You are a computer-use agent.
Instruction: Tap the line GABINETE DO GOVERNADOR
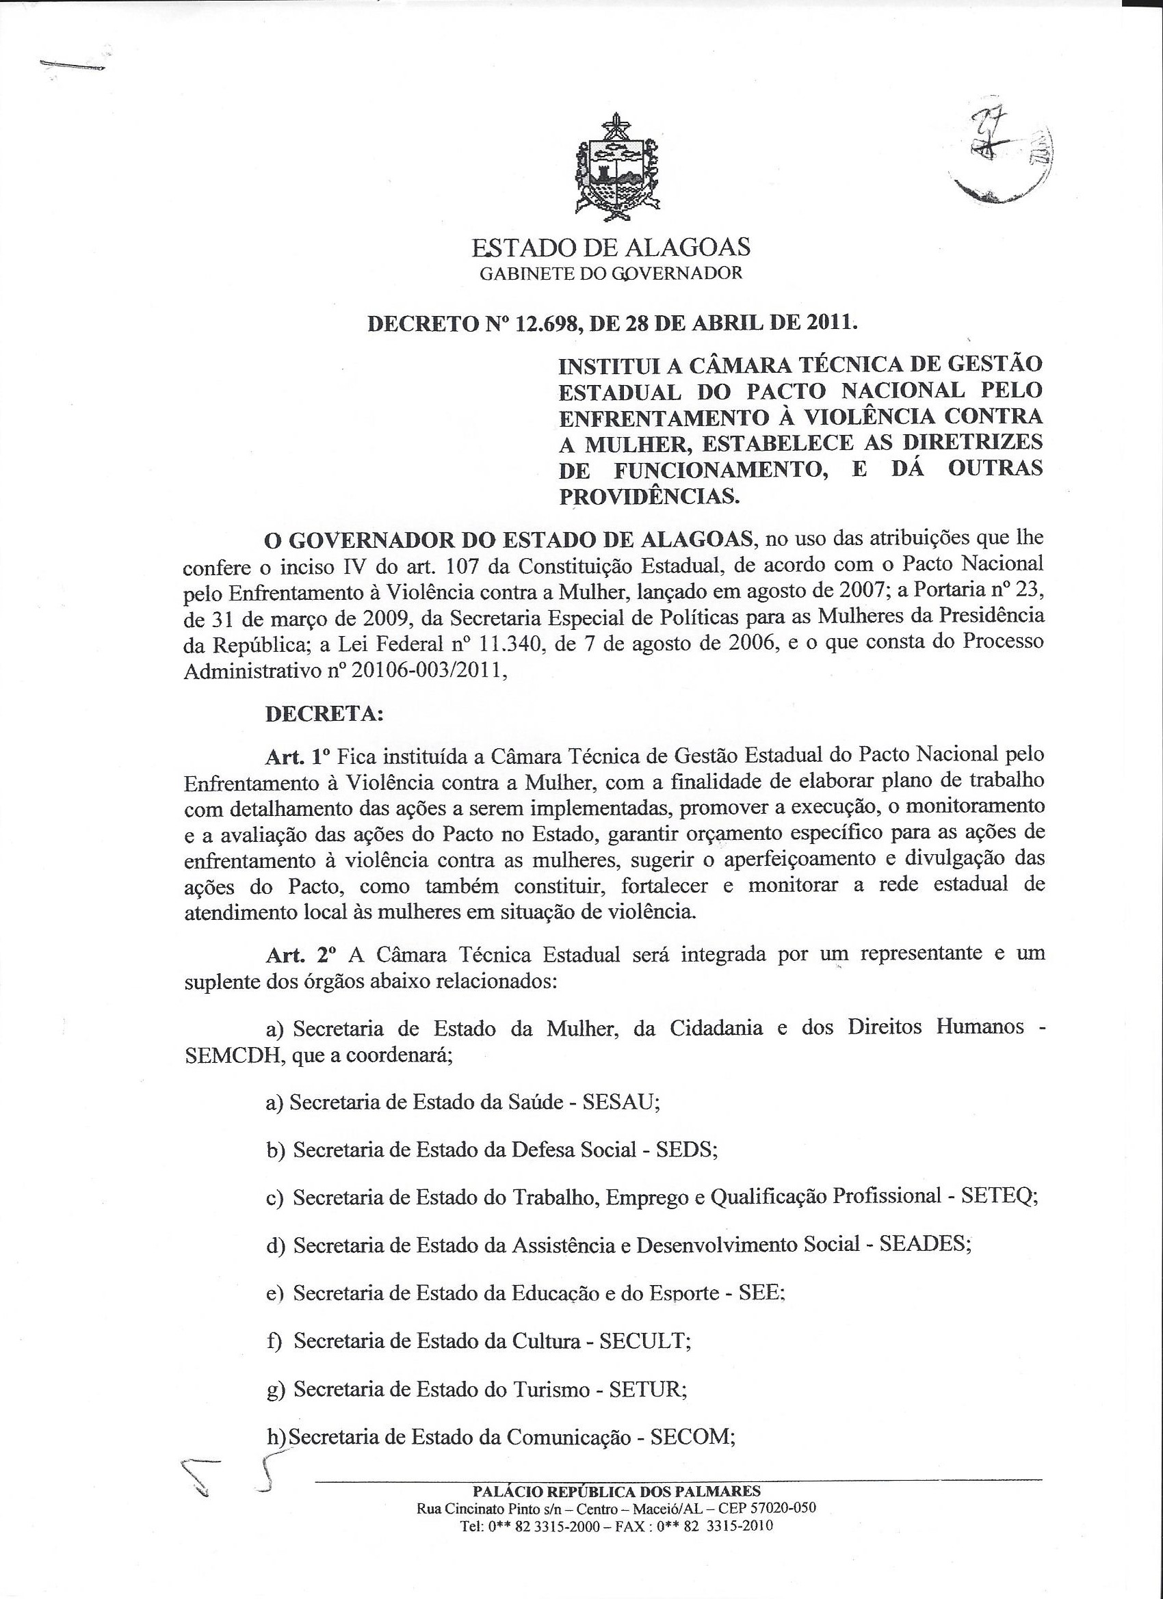(611, 274)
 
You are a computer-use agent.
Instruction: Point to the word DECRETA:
(324, 713)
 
